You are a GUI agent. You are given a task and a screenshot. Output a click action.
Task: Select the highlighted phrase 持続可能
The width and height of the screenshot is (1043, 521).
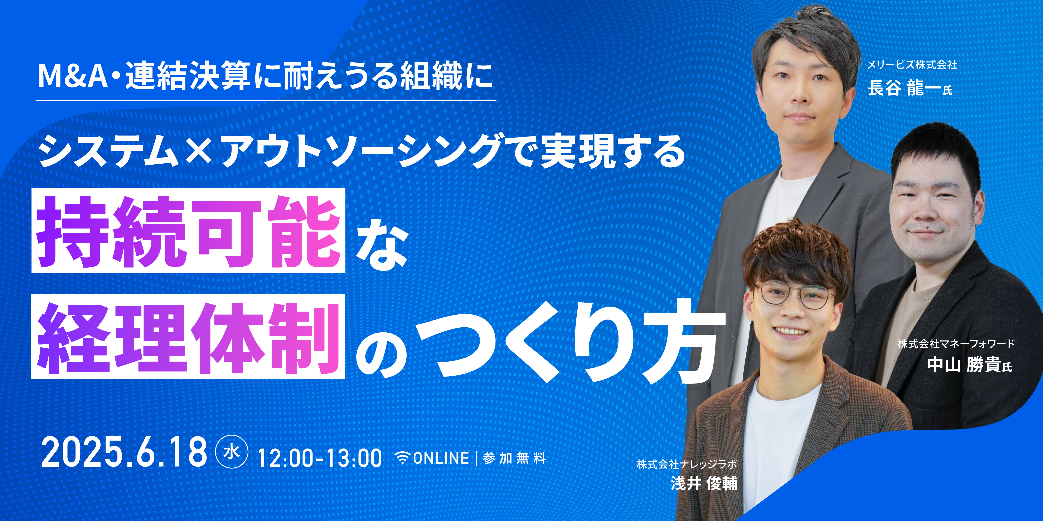pos(188,231)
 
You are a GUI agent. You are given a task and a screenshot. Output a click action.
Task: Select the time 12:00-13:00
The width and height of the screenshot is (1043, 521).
pos(320,458)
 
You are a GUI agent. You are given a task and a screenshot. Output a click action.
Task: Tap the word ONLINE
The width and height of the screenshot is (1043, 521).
pos(441,458)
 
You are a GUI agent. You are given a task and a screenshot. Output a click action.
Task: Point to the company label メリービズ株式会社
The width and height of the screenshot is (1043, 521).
pos(912,65)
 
